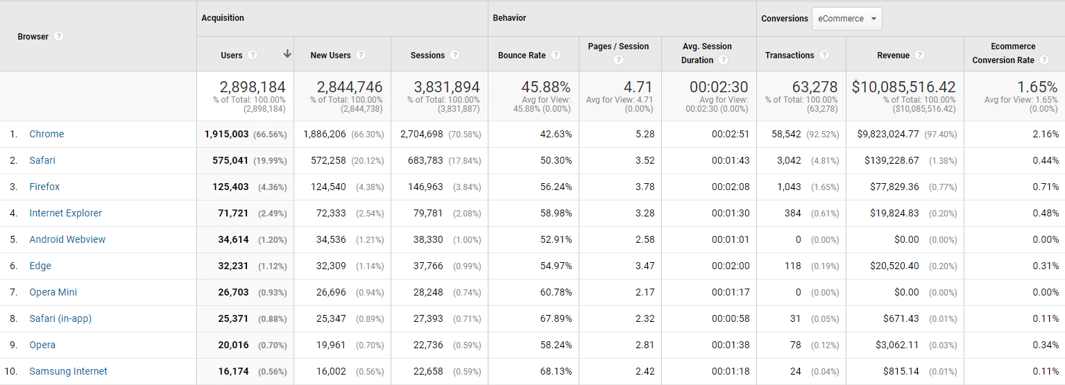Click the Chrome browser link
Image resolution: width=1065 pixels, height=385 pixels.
(x=46, y=134)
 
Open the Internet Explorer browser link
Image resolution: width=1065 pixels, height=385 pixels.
(x=65, y=213)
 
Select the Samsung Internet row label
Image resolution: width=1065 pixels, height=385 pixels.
(x=68, y=371)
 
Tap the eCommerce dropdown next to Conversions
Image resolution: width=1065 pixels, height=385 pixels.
(x=846, y=19)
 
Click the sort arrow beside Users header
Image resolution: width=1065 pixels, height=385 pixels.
(x=287, y=54)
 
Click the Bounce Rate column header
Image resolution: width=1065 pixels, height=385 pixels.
(x=522, y=55)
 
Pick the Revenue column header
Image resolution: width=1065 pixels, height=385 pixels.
(x=893, y=55)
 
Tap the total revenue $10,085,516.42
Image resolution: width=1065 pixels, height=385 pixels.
(x=903, y=87)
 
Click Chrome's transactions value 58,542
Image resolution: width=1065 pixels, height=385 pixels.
(x=786, y=134)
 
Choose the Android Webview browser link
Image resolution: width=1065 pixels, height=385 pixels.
(x=67, y=239)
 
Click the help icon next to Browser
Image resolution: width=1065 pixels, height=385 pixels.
(x=59, y=36)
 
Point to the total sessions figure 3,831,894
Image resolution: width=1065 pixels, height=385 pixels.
(x=447, y=87)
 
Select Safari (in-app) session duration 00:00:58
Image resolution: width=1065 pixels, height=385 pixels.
(x=730, y=318)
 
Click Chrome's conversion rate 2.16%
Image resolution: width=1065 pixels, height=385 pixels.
(x=1045, y=134)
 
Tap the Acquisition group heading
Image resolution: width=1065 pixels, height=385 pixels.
(x=223, y=18)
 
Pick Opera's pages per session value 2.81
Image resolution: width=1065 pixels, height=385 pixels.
(x=645, y=345)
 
